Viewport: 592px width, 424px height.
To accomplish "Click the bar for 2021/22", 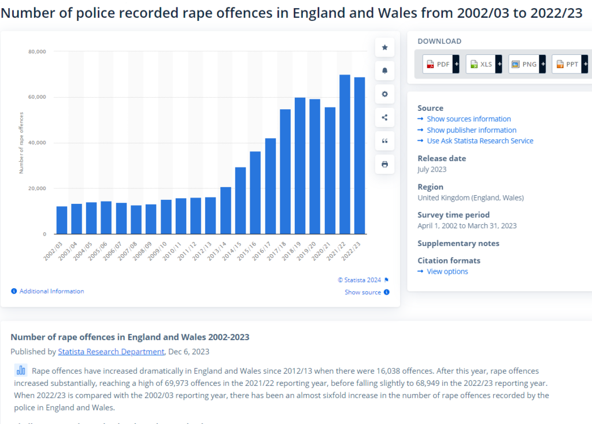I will [x=345, y=154].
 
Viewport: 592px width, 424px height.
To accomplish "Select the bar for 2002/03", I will [x=62, y=220].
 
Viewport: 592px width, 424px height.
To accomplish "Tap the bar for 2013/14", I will [x=225, y=210].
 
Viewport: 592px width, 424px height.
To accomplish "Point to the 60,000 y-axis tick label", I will [x=37, y=97].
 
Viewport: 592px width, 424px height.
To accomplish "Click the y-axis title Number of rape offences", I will [x=21, y=143].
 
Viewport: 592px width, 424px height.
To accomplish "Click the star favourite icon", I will [x=384, y=47].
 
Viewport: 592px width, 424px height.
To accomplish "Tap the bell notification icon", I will [x=384, y=70].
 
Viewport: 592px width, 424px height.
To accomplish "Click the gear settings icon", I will [x=384, y=94].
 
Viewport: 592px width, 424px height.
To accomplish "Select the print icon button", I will [x=384, y=164].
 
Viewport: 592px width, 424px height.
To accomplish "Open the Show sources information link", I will [x=468, y=119].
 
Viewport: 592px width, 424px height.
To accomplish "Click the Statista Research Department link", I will [x=111, y=351].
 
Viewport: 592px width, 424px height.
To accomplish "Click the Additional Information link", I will [x=51, y=291].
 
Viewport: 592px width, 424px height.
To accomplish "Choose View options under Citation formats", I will [x=447, y=271].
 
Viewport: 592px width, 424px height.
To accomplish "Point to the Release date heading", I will [x=442, y=158].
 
